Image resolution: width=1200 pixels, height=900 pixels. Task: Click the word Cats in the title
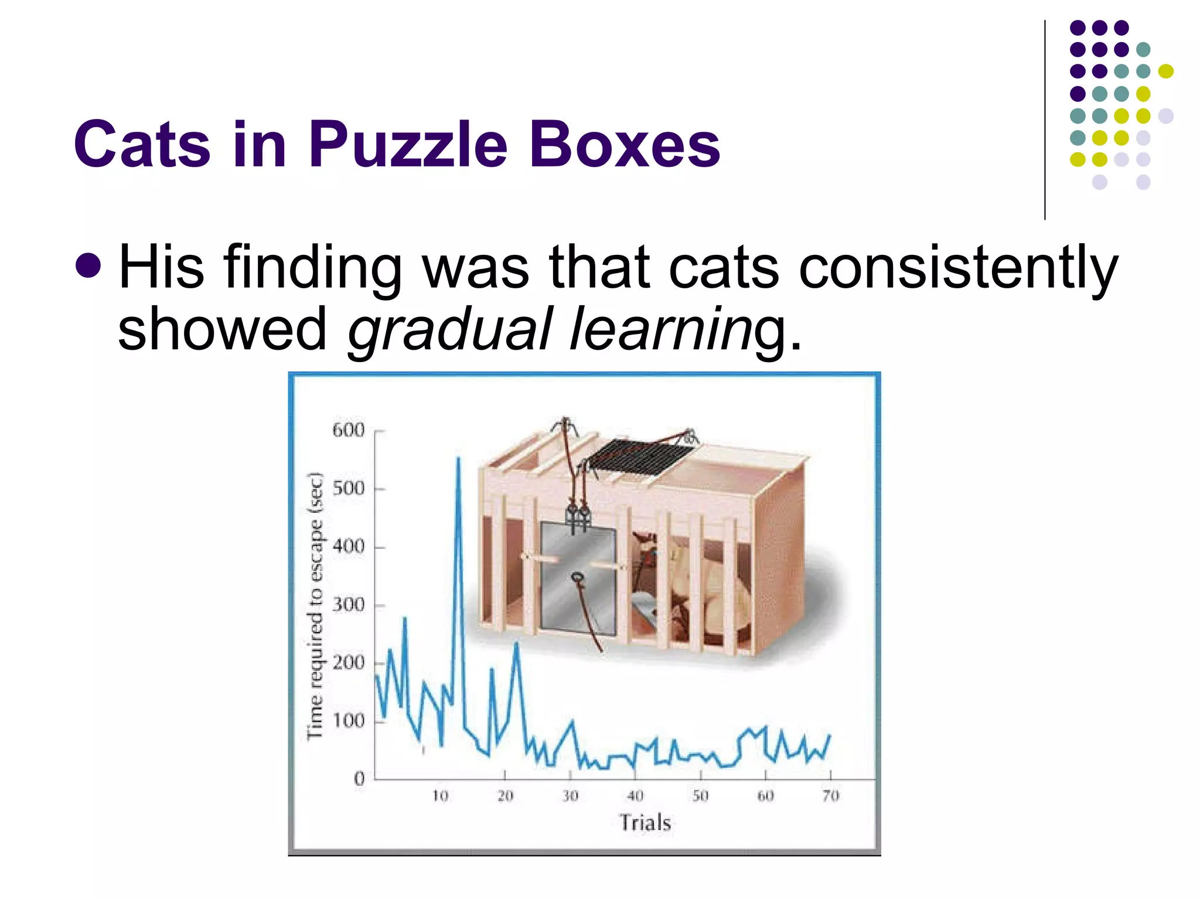click(142, 145)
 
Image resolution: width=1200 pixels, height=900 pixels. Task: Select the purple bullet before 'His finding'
click(88, 265)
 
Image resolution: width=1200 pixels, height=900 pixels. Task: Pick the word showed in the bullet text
click(221, 329)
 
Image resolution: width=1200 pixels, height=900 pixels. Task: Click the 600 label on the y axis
click(349, 431)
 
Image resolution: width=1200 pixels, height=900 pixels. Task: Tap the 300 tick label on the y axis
click(349, 605)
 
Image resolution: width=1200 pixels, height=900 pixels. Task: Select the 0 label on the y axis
click(359, 779)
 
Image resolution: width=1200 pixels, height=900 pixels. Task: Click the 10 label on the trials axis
click(440, 796)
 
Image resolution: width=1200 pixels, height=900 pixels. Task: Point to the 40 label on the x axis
click(635, 796)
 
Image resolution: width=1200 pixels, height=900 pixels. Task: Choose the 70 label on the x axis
click(831, 796)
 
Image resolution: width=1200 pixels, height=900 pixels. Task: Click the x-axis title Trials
click(645, 823)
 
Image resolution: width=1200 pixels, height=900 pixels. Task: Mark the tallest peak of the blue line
click(458, 459)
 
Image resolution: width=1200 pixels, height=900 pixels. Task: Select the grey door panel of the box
click(577, 577)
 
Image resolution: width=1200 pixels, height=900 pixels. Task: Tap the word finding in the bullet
click(312, 268)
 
